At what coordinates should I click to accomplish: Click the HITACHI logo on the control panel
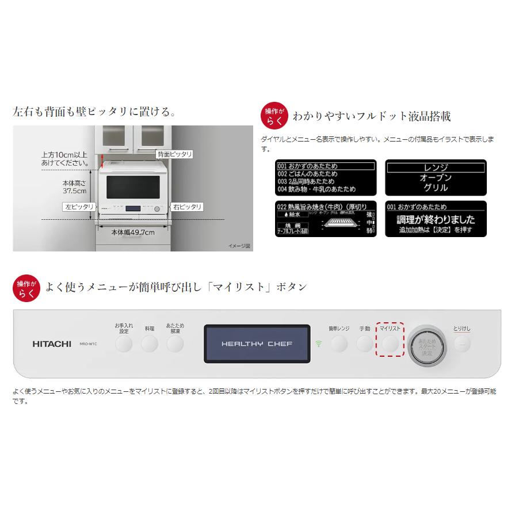(52, 344)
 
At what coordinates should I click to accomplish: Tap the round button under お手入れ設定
(124, 344)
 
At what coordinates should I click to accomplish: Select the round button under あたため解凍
(175, 344)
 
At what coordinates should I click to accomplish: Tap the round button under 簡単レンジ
(339, 344)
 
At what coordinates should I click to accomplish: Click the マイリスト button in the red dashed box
(390, 344)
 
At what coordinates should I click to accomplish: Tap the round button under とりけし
(461, 344)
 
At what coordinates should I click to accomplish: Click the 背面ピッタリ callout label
(174, 154)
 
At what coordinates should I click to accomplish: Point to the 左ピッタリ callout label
(77, 206)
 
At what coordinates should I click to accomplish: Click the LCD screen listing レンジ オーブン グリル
(436, 177)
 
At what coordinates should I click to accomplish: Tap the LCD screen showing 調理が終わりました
(436, 219)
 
